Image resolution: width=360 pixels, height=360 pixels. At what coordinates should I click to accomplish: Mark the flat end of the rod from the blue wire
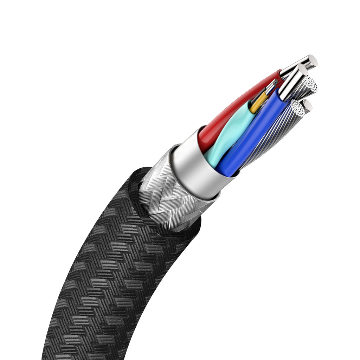[x=301, y=70]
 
